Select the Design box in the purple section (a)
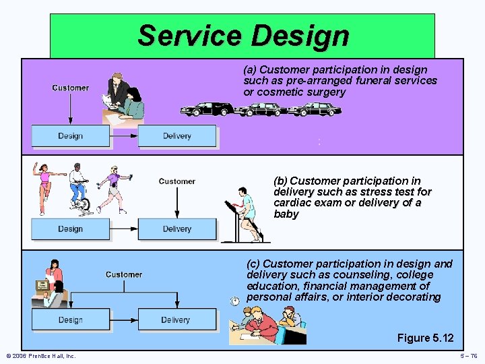(70, 136)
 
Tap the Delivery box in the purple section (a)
(177, 136)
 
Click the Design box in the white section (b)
(70, 229)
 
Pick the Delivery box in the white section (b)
(177, 229)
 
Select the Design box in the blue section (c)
(70, 320)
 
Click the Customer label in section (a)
(70, 88)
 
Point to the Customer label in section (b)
(177, 181)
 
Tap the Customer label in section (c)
(124, 274)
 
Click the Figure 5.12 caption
(425, 338)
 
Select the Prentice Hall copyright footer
(40, 356)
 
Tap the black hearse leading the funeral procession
(205, 110)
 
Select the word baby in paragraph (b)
(286, 214)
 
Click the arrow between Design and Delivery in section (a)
(124, 136)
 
